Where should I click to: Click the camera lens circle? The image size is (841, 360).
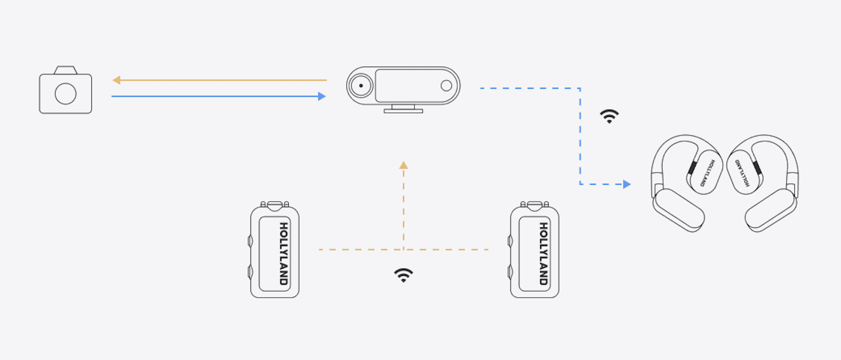click(x=66, y=94)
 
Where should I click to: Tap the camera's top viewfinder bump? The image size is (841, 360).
click(x=66, y=70)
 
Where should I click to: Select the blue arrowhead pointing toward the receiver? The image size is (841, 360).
click(x=322, y=97)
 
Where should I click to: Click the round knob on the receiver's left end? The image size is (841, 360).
click(x=361, y=86)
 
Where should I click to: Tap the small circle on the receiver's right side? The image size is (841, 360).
click(x=446, y=86)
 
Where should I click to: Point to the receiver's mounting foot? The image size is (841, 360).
click(x=403, y=109)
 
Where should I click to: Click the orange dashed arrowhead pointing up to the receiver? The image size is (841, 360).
click(x=403, y=165)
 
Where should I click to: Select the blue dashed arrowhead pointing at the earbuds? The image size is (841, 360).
click(x=626, y=184)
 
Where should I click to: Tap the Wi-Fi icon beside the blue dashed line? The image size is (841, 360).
click(x=609, y=117)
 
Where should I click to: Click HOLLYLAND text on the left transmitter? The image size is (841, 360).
click(x=283, y=253)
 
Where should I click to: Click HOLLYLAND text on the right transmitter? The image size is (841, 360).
click(x=544, y=253)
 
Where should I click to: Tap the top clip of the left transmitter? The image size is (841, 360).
click(x=275, y=205)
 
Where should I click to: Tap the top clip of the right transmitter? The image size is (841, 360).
click(x=534, y=205)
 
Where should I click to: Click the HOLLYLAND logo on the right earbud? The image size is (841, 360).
click(x=742, y=173)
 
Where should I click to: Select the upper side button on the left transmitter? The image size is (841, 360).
click(x=250, y=241)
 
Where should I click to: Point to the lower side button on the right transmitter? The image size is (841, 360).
click(x=510, y=272)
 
